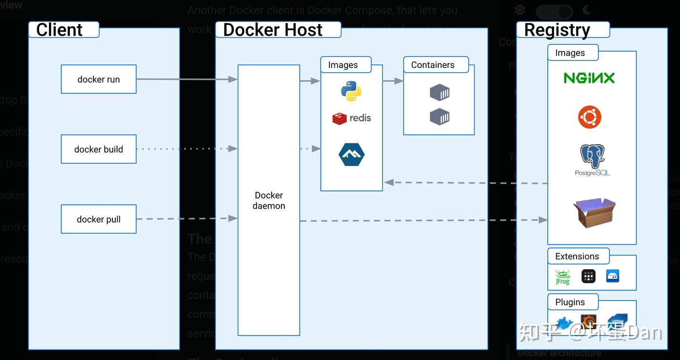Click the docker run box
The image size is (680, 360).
(x=99, y=79)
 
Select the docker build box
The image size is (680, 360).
(x=99, y=149)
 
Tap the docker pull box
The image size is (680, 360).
(x=99, y=219)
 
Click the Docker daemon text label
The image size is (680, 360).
(x=269, y=201)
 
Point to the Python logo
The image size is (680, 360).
(x=351, y=91)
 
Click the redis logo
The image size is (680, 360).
(x=351, y=118)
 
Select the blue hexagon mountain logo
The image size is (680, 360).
(x=351, y=154)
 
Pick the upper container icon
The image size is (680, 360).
(x=439, y=93)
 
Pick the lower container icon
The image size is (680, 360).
(x=439, y=117)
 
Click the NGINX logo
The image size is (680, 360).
(x=589, y=78)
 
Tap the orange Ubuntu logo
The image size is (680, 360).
(x=590, y=117)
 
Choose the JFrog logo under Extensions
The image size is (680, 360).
(x=562, y=277)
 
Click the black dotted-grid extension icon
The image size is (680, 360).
(x=588, y=276)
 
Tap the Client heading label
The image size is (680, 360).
(x=59, y=30)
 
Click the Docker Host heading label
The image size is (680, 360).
(x=272, y=30)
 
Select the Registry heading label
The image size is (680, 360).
(x=557, y=30)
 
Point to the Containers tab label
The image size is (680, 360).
(x=433, y=65)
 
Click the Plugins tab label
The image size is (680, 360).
(x=570, y=302)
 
